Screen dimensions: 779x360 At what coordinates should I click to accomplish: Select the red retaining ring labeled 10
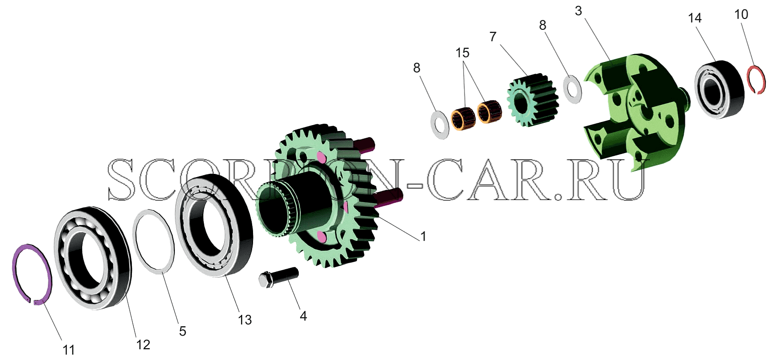tap(763, 77)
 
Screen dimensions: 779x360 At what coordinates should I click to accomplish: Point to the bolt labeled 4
tap(278, 276)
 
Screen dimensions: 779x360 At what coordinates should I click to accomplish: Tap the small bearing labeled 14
tap(719, 89)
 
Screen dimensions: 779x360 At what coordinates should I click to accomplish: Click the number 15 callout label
tap(462, 53)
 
